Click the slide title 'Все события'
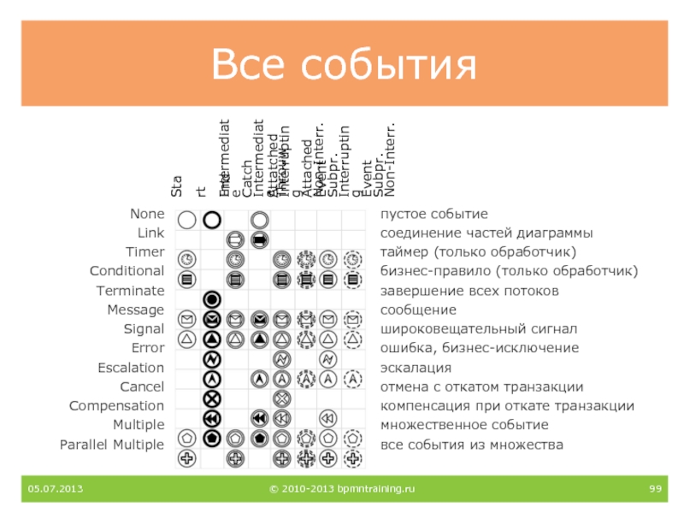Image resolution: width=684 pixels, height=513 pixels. [x=343, y=63]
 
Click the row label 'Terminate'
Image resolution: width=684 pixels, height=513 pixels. [x=129, y=291]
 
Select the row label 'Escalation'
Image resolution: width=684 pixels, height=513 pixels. [x=130, y=368]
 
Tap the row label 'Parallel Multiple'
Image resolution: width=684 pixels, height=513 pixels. [x=111, y=445]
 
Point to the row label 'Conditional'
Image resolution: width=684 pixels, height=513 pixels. [x=127, y=271]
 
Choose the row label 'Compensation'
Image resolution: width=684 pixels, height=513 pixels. [x=116, y=406]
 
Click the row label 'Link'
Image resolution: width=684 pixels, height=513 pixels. [x=150, y=233]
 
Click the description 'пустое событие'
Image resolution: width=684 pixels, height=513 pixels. [x=433, y=214]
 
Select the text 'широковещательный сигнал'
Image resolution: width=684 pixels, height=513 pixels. [x=479, y=329]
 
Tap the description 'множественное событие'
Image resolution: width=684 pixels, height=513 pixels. [x=464, y=425]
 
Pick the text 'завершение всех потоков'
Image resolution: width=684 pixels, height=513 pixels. [x=469, y=291]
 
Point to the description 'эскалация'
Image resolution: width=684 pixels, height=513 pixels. [x=416, y=368]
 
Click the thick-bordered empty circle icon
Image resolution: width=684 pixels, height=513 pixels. [x=212, y=220]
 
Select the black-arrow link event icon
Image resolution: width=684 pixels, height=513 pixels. [x=261, y=239]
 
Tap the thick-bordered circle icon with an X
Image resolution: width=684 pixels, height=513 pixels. [x=212, y=398]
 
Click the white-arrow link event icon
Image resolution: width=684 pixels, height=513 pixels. [x=236, y=239]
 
